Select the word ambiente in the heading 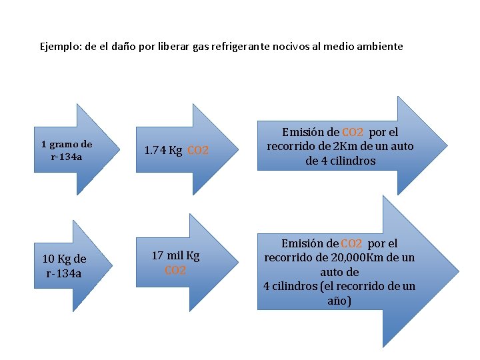click(380, 47)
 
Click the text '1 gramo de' click(67, 144)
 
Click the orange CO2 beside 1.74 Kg click(198, 151)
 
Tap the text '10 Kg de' click(64, 259)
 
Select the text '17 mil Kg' click(175, 255)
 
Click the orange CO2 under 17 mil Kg click(175, 271)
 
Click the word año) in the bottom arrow click(339, 301)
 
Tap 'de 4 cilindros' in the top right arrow click(341, 161)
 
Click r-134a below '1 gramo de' click(66, 157)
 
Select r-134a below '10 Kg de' click(64, 273)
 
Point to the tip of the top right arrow click(445, 145)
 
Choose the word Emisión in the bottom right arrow click(309, 244)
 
